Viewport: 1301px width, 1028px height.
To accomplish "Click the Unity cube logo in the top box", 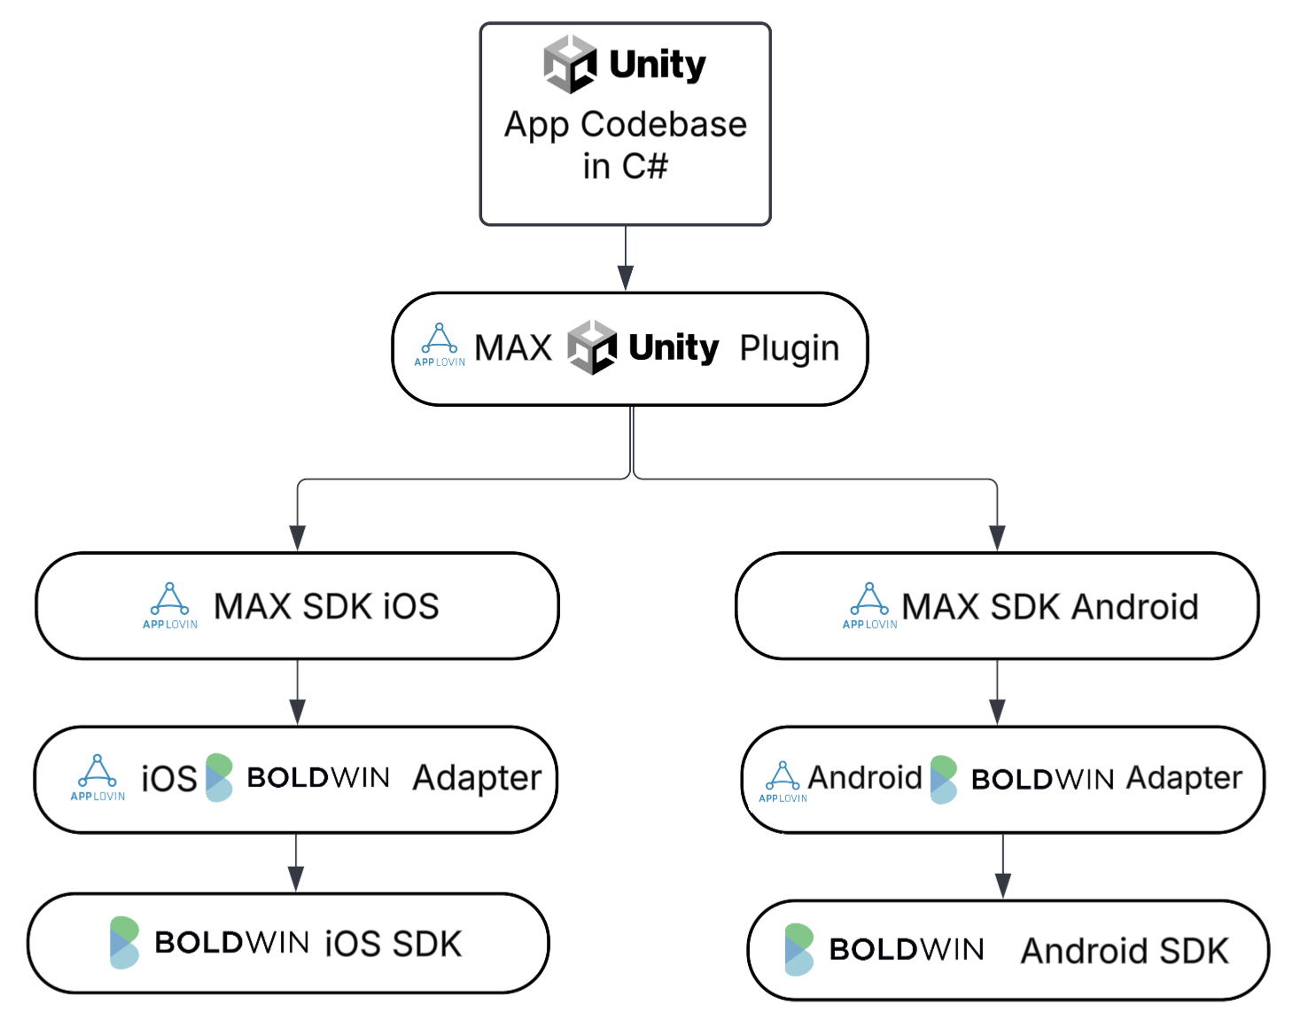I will (x=569, y=65).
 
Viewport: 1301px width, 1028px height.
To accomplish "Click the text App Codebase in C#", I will (x=625, y=144).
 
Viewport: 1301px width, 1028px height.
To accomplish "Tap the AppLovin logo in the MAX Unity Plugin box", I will (x=440, y=345).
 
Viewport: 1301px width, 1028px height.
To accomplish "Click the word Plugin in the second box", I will (x=789, y=348).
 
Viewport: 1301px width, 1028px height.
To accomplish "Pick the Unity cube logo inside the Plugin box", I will (x=591, y=347).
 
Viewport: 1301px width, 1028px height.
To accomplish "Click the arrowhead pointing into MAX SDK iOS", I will (x=298, y=538).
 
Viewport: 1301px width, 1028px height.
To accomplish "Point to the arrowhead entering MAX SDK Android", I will (x=997, y=538).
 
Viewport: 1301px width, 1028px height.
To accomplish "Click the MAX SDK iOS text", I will (x=326, y=607).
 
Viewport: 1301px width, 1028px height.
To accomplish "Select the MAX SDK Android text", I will (x=1049, y=607).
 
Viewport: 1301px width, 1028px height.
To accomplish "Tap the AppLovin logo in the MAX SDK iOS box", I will (x=170, y=605).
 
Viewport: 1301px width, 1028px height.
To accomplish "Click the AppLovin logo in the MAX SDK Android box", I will (x=869, y=605).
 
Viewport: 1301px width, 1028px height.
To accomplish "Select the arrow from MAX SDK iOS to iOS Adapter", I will (x=298, y=692).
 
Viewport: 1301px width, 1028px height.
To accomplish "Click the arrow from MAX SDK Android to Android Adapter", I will (x=997, y=692).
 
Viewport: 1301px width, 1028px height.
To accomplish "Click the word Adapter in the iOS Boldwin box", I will (x=477, y=778).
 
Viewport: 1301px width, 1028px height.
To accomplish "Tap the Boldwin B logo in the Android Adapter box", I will (x=943, y=780).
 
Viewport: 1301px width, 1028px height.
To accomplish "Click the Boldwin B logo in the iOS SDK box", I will (x=124, y=943).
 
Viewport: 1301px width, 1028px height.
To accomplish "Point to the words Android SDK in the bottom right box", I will (x=1125, y=951).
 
